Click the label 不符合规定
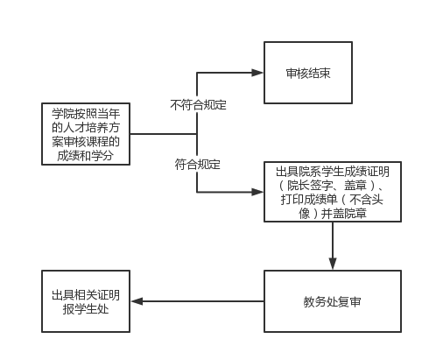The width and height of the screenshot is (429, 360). pyautogui.click(x=198, y=105)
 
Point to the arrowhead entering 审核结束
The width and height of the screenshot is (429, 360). pyautogui.click(x=257, y=73)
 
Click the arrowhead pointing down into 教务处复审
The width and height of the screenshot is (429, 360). pyautogui.click(x=333, y=264)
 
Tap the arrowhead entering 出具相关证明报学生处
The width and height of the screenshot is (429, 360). pyautogui.click(x=137, y=301)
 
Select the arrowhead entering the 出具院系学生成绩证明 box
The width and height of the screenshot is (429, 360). pyautogui.click(x=257, y=192)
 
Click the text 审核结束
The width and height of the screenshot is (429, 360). pyautogui.click(x=308, y=73)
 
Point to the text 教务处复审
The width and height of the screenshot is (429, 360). pyautogui.click(x=332, y=301)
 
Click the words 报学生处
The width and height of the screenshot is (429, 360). pyautogui.click(x=86, y=309)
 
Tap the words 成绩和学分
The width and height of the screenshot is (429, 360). pyautogui.click(x=85, y=155)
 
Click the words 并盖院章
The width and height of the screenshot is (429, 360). pyautogui.click(x=344, y=214)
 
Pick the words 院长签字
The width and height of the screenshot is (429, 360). pyautogui.click(x=310, y=186)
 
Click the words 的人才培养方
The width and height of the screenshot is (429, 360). pyautogui.click(x=86, y=127)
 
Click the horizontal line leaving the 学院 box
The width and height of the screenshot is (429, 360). pyautogui.click(x=164, y=134)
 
